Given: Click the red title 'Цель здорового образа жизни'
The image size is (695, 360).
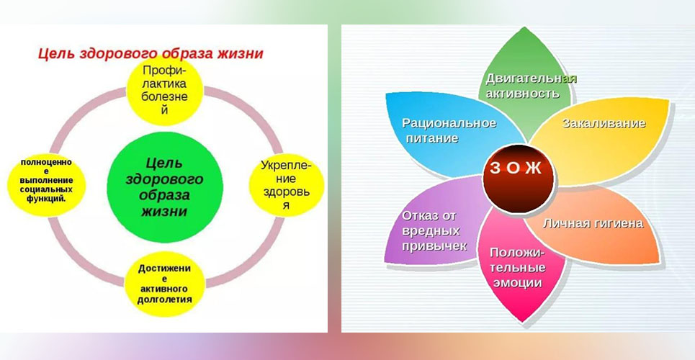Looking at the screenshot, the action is [151, 54].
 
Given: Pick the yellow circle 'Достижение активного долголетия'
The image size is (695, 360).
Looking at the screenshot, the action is [164, 284].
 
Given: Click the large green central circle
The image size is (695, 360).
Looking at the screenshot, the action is [165, 187].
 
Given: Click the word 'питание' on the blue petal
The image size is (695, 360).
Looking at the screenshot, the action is [431, 138].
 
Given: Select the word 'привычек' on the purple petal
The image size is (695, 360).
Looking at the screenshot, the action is [434, 246].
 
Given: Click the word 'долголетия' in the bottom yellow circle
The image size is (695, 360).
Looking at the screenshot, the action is [164, 300].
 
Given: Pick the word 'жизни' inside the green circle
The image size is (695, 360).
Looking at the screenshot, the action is [164, 212].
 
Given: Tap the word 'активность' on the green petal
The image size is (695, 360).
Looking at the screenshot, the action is [523, 94].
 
